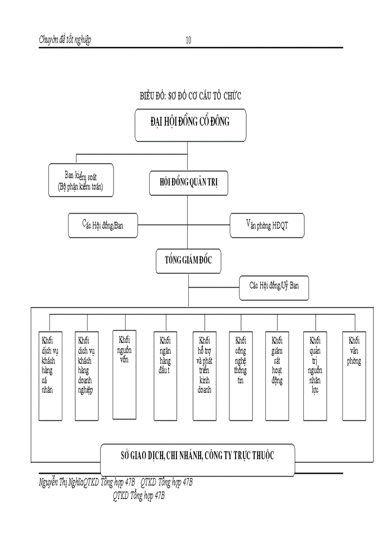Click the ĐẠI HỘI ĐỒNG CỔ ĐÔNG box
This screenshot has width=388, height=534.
pos(191,125)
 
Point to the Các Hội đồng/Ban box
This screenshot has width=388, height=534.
pos(103,225)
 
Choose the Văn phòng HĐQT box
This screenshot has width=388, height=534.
pos(266,225)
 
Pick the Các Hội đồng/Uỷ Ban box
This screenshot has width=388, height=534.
pos(274,286)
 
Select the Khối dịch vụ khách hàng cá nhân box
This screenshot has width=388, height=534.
pos(50,376)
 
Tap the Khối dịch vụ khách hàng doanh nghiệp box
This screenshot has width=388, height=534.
pos(87,376)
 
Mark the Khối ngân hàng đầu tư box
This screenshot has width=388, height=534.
pos(165,376)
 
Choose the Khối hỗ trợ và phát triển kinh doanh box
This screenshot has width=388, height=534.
pos(205,376)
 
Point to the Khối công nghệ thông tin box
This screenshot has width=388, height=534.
pos(240,376)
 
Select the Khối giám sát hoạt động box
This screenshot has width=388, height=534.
pos(277,376)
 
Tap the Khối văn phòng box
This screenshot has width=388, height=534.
pos(354,376)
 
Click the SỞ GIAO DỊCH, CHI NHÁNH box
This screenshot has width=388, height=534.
pos(197,455)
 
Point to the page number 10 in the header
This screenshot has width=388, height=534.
pos(188,40)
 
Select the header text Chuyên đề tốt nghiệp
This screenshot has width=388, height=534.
pos(65,40)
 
